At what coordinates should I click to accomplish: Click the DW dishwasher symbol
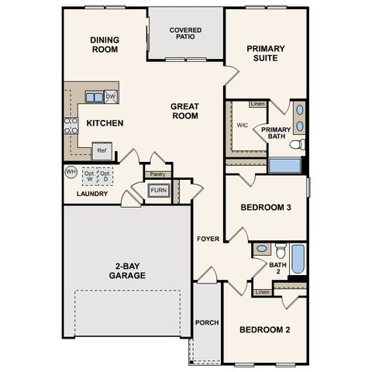click(x=111, y=97)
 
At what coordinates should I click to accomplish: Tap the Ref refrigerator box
click(x=102, y=151)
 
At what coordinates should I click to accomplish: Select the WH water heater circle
click(x=71, y=172)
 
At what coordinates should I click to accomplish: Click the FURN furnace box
click(x=159, y=191)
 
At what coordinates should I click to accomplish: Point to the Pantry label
click(x=157, y=174)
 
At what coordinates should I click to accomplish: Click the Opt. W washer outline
click(x=90, y=177)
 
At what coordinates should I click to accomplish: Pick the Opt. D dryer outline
click(x=105, y=177)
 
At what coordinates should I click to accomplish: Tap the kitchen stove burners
click(x=71, y=126)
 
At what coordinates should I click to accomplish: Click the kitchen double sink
click(x=95, y=97)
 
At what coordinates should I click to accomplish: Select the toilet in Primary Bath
click(x=298, y=144)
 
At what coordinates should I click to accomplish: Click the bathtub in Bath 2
click(x=298, y=259)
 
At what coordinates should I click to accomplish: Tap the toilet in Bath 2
click(x=281, y=250)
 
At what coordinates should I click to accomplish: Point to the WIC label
click(x=243, y=126)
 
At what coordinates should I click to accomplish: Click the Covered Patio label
click(x=185, y=33)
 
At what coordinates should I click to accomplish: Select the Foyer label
click(x=208, y=239)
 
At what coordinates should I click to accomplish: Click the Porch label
click(x=207, y=322)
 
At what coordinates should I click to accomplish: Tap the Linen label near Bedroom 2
click(x=262, y=292)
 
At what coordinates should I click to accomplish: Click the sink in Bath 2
click(x=262, y=249)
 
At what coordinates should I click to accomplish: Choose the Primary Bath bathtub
click(x=284, y=165)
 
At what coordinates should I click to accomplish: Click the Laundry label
click(x=92, y=194)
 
